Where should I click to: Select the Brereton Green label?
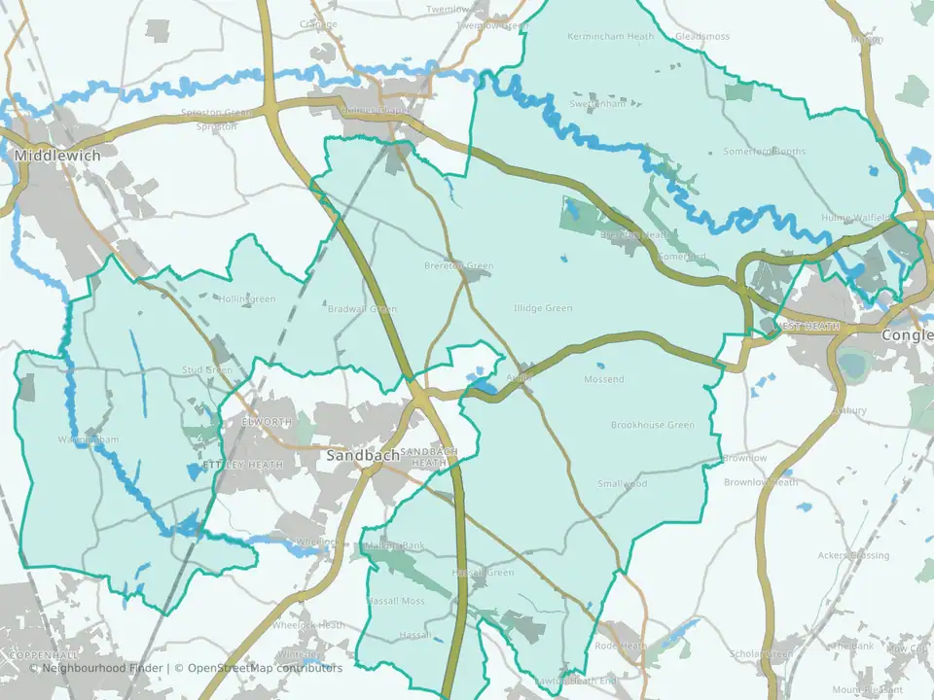pyautogui.click(x=459, y=265)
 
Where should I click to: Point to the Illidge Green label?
pyautogui.click(x=543, y=308)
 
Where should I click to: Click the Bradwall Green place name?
pyautogui.click(x=362, y=309)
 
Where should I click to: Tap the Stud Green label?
pyautogui.click(x=207, y=370)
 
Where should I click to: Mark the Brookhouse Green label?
pyautogui.click(x=652, y=425)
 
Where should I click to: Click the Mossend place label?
pyautogui.click(x=603, y=379)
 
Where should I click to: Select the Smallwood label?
pyautogui.click(x=622, y=483)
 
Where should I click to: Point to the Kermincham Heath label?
pyautogui.click(x=610, y=36)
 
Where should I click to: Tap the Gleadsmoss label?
pyautogui.click(x=701, y=36)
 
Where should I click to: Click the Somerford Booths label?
pyautogui.click(x=764, y=152)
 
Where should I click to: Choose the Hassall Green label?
pyautogui.click(x=483, y=573)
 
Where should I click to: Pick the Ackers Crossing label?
pyautogui.click(x=853, y=555)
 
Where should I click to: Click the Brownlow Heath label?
pyautogui.click(x=760, y=482)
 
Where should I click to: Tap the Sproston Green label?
pyautogui.click(x=216, y=112)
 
